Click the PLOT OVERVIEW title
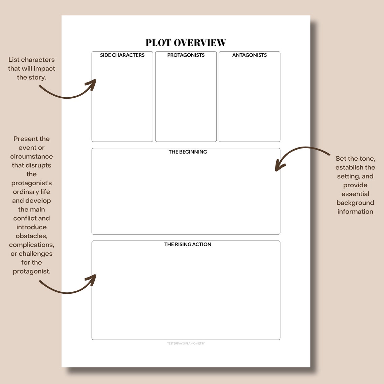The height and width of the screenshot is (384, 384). click(186, 43)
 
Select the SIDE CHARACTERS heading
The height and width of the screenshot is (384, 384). click(122, 55)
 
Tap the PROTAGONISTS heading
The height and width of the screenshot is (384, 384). click(186, 55)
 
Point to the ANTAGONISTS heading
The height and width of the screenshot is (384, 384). click(249, 55)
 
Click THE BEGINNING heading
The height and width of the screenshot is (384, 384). click(188, 152)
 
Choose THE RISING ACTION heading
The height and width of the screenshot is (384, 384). click(188, 245)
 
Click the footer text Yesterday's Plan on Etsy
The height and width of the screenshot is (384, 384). click(186, 344)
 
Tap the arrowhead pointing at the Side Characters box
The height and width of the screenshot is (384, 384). click(92, 83)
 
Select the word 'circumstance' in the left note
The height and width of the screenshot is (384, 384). click(31, 157)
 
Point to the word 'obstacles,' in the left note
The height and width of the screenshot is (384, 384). click(31, 236)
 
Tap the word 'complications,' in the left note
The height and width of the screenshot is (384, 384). click(31, 245)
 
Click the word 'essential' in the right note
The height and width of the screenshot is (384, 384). click(355, 194)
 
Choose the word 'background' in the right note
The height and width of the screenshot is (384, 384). click(355, 203)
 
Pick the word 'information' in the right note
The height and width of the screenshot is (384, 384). click(355, 212)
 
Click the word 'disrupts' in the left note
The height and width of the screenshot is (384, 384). click(38, 165)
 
